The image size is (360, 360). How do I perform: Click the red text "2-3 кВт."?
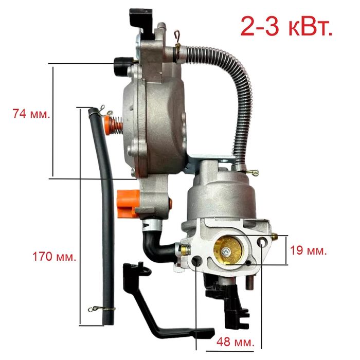click(286, 26)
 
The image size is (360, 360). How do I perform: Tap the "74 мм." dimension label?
click(31, 114)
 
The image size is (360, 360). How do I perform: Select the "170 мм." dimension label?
click(54, 257)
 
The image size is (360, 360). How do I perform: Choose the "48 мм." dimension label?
click(236, 342)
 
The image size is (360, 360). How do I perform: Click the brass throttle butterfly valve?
click(227, 251)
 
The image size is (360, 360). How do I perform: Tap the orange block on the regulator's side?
click(128, 204)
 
